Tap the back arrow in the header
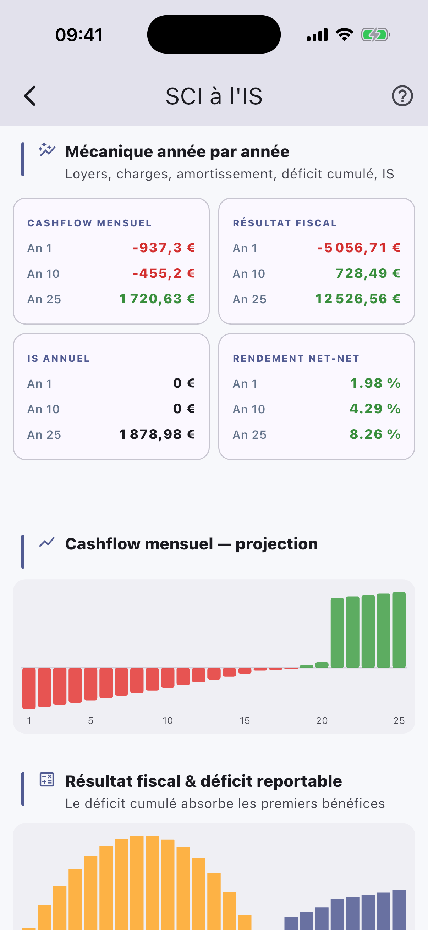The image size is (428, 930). click(x=30, y=96)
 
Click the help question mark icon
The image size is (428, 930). click(x=402, y=96)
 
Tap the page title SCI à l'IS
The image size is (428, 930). click(x=214, y=96)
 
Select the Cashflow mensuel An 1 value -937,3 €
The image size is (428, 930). click(x=164, y=248)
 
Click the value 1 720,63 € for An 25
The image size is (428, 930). click(x=157, y=299)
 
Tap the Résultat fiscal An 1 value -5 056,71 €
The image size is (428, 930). click(x=359, y=248)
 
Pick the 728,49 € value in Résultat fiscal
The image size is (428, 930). click(x=368, y=273)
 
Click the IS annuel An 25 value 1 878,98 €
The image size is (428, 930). click(x=157, y=434)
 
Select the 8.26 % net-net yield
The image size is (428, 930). click(x=375, y=434)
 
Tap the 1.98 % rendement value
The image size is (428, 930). click(x=375, y=383)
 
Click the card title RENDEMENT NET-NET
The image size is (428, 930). click(x=296, y=359)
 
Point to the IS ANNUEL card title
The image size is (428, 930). click(x=59, y=359)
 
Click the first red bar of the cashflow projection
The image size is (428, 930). click(x=29, y=688)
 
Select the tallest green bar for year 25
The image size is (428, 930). click(x=399, y=630)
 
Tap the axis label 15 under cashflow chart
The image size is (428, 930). click(x=245, y=721)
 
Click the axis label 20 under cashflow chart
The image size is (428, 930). click(x=322, y=721)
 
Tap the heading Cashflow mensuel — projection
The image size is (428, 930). click(x=191, y=544)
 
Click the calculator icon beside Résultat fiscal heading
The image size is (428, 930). click(x=46, y=780)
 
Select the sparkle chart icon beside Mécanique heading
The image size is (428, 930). click(x=47, y=149)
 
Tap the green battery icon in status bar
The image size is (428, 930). click(x=375, y=35)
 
